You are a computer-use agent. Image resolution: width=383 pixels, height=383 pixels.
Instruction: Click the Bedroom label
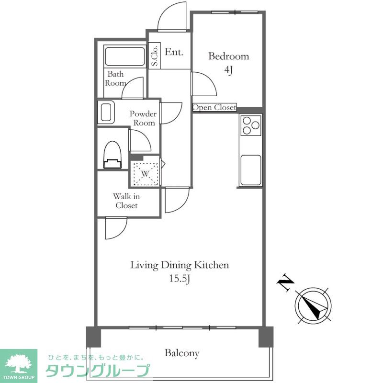229,56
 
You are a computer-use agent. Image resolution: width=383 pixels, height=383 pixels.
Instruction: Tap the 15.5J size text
180,279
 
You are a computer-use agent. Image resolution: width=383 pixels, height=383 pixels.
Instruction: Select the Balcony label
182,353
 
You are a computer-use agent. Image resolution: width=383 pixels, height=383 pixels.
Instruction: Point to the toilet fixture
113,155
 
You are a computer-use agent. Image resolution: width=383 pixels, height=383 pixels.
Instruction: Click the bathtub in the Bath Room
124,56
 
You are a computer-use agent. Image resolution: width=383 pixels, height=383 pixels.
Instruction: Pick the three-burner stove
251,125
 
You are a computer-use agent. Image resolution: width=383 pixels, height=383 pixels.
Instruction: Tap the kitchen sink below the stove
251,170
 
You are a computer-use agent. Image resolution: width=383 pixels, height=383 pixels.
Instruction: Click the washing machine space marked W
145,174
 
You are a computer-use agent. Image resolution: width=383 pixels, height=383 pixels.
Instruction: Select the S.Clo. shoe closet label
154,56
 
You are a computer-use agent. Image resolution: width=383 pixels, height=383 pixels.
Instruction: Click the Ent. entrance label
174,52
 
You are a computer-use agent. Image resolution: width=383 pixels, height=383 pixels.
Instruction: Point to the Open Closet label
214,107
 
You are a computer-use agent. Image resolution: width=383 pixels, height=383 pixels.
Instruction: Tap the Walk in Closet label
126,201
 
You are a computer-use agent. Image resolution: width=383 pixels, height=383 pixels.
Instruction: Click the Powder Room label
143,118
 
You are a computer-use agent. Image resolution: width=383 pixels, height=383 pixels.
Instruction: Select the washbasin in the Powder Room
106,112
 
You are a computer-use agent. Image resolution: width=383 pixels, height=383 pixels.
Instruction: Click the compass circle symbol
313,306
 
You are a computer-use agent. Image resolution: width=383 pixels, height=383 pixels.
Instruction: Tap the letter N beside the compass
285,282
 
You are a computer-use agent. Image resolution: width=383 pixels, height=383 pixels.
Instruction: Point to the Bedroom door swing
209,79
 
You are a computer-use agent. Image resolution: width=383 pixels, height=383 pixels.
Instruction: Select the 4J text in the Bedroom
228,70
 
